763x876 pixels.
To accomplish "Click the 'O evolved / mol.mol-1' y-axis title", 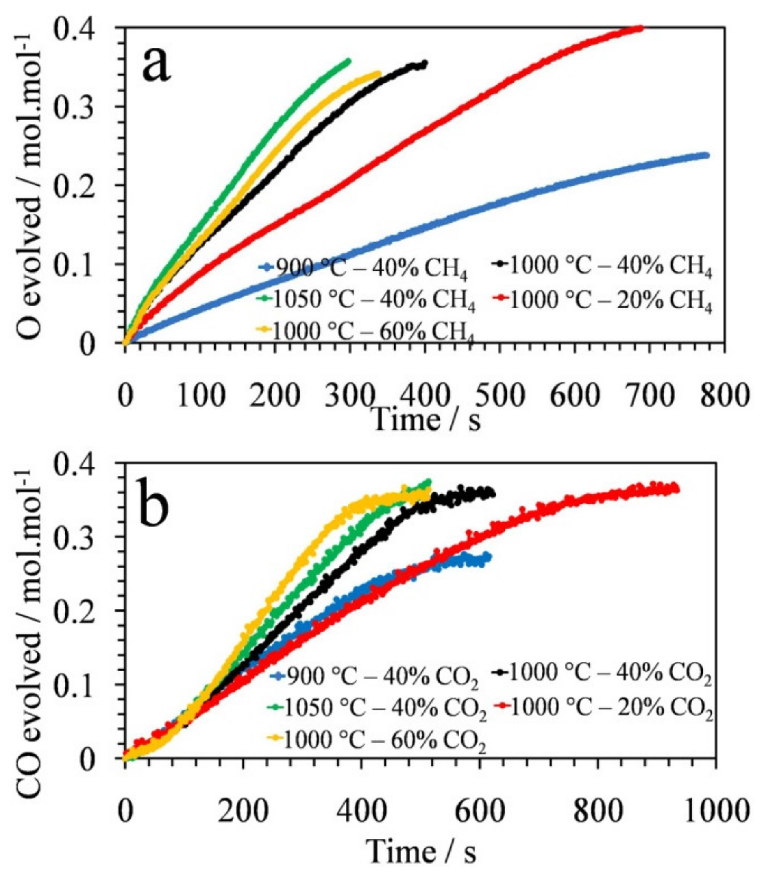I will click(30, 187).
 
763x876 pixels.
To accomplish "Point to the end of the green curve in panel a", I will click(349, 61).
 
